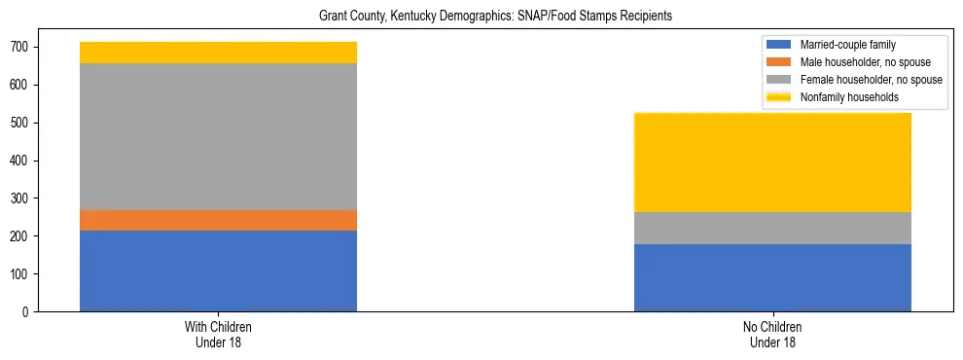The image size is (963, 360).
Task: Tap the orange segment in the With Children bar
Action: pyautogui.click(x=218, y=220)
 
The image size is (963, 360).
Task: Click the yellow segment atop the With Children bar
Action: pyautogui.click(x=218, y=53)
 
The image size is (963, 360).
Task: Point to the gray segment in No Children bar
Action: pyautogui.click(x=772, y=228)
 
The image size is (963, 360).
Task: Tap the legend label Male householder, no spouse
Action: pyautogui.click(x=865, y=62)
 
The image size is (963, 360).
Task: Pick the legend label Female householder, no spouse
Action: pyautogui.click(x=871, y=80)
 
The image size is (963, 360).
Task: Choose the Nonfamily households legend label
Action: pyautogui.click(x=849, y=97)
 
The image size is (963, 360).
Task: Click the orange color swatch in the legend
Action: pyautogui.click(x=780, y=62)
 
